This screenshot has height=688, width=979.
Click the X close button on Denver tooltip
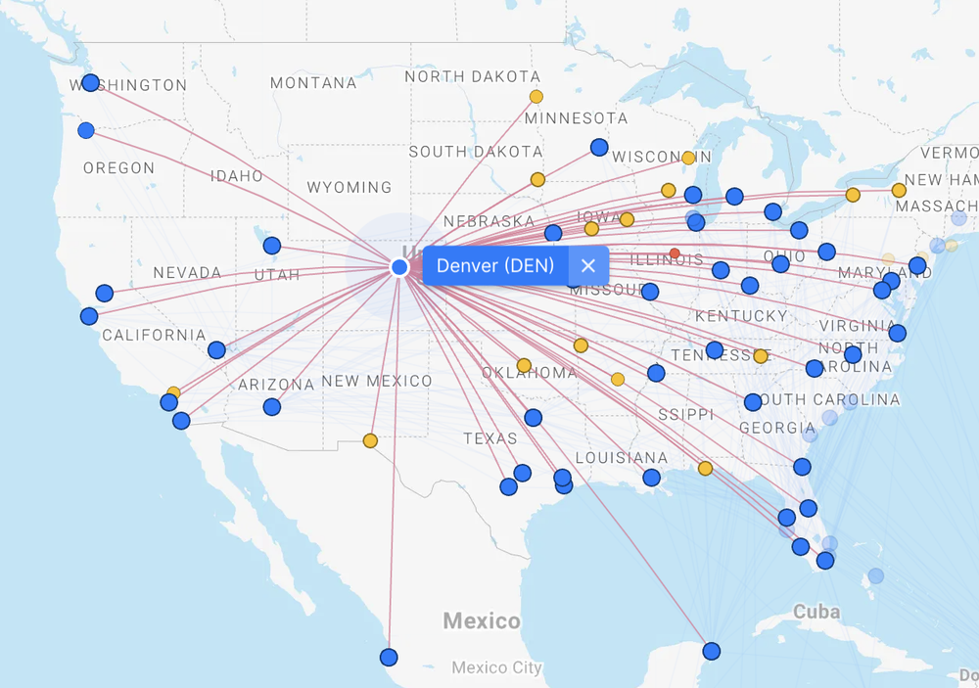click(587, 265)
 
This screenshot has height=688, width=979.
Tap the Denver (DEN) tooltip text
click(495, 265)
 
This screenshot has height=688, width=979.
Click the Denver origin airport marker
click(399, 267)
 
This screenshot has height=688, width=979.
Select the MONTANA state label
click(313, 83)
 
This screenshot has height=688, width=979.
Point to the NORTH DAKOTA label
click(472, 76)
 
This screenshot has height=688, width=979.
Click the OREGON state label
click(118, 168)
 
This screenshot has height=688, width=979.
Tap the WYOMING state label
click(349, 187)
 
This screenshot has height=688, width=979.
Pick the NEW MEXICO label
click(377, 381)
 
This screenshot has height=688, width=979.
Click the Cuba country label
click(816, 612)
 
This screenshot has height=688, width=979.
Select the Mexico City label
click(496, 668)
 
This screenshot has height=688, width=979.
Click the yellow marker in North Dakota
click(536, 97)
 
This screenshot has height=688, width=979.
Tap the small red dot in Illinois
click(675, 253)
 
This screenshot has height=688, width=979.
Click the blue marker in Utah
click(272, 246)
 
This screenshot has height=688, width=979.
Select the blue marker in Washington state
click(90, 83)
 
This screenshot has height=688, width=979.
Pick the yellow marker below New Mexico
click(370, 441)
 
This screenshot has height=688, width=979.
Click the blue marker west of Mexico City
click(389, 657)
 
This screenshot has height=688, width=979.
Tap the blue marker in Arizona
click(272, 407)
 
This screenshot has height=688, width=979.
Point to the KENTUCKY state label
click(741, 316)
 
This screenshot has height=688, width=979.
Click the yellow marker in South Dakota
click(537, 180)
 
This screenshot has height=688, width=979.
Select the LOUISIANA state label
click(621, 458)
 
